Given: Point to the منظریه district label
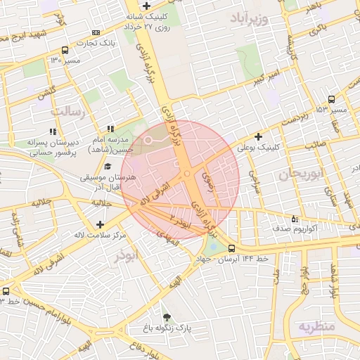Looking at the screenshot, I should (x=318, y=327).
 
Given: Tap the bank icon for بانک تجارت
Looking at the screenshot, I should (x=96, y=32).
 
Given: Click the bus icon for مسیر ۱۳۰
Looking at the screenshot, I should (x=65, y=50).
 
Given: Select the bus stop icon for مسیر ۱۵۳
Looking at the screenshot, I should (x=331, y=99).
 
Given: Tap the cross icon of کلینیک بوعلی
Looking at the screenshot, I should (x=258, y=136).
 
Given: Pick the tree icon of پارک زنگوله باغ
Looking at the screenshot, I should (x=167, y=317).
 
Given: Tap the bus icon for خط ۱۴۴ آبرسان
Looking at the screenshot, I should (x=232, y=247).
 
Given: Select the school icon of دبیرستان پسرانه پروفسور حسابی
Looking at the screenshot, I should (x=52, y=131).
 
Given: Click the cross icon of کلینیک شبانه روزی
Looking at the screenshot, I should (x=146, y=6).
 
